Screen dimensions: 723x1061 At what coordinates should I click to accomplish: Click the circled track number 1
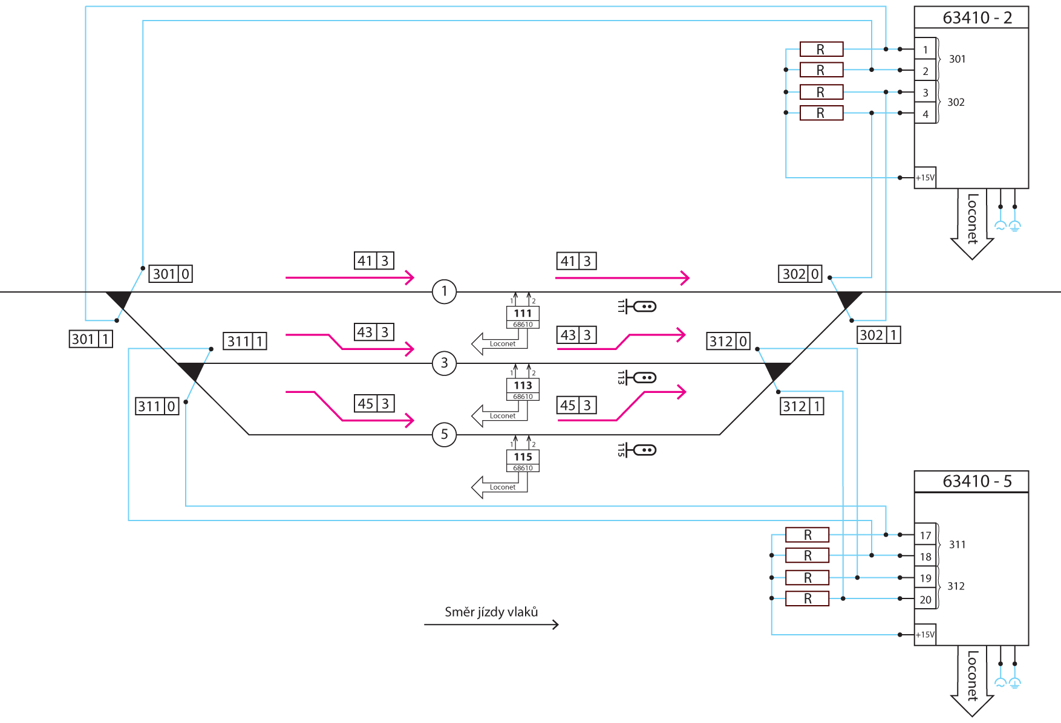[444, 291]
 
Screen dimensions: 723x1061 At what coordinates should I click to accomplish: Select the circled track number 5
[444, 434]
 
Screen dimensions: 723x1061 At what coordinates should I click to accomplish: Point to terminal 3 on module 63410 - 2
[925, 92]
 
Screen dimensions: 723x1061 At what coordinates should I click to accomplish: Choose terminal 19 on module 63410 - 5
[925, 578]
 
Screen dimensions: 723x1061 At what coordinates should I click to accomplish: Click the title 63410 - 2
[977, 18]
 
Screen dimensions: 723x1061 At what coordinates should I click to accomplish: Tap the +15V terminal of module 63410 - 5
[925, 634]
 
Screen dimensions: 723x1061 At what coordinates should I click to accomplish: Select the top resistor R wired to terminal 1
[821, 49]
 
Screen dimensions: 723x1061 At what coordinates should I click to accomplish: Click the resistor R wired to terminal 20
[807, 598]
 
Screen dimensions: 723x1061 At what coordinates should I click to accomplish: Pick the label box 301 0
[171, 274]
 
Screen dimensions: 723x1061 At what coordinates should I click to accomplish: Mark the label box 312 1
[802, 406]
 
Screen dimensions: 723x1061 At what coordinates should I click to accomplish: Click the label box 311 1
[245, 341]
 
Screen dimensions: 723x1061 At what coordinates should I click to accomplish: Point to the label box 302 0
[800, 274]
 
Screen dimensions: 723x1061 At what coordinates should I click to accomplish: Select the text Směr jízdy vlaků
[491, 612]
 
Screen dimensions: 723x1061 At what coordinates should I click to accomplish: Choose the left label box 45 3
[374, 403]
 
